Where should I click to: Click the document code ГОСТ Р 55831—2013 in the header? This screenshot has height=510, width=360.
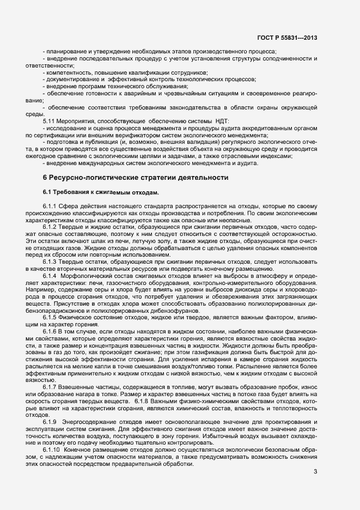click(287, 38)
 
